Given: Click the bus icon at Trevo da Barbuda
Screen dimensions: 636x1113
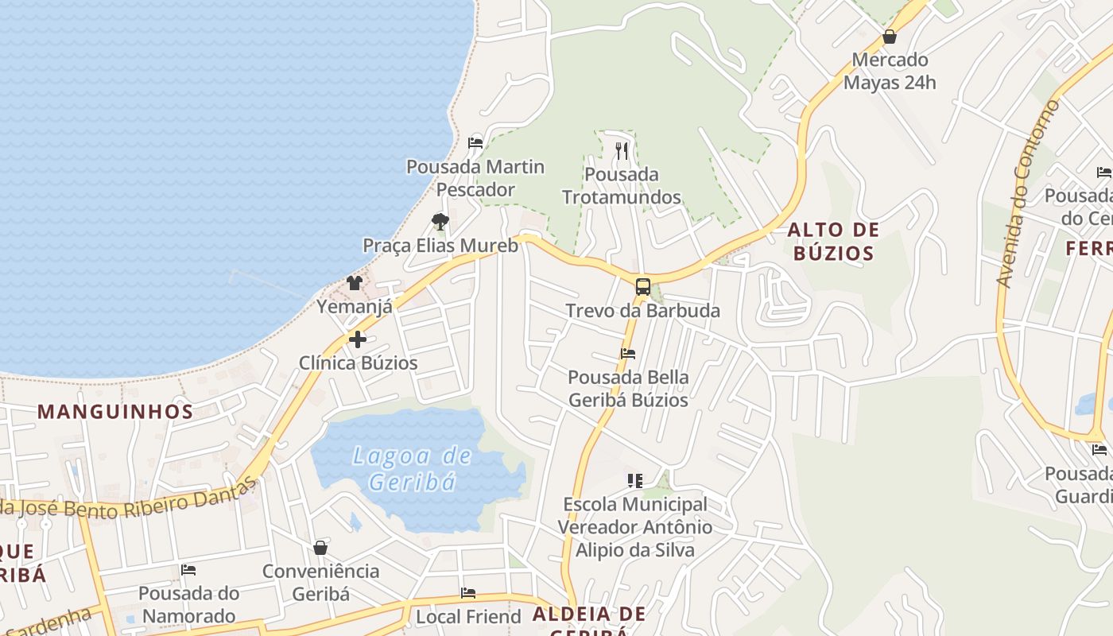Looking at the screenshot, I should [x=643, y=287].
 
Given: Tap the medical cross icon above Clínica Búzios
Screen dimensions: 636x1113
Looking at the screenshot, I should [x=358, y=339].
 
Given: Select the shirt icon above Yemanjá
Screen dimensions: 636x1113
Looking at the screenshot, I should [x=355, y=282].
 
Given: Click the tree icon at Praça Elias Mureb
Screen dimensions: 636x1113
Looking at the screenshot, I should [x=440, y=222].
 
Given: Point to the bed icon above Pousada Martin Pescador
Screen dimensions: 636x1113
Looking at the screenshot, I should [x=475, y=143].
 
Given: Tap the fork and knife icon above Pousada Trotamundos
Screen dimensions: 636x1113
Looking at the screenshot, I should [x=622, y=150].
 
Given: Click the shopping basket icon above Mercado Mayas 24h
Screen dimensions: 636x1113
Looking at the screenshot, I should [x=890, y=37].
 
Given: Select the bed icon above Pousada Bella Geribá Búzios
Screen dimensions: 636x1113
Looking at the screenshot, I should [x=628, y=353].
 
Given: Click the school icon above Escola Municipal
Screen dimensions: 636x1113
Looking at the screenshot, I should [x=634, y=480].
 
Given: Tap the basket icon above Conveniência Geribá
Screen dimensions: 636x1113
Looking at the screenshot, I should [x=320, y=548].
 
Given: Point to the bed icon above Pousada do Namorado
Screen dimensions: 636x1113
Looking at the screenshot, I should [x=188, y=570].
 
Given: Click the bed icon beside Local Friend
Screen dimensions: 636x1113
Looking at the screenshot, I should [x=468, y=593].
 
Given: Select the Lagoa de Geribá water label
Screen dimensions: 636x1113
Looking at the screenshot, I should [x=412, y=468].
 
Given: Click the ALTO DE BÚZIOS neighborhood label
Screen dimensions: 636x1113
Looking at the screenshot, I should [x=833, y=242].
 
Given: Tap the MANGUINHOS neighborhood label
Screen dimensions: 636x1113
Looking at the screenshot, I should [x=115, y=411].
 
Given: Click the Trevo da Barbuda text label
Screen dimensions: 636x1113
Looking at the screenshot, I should [x=642, y=311].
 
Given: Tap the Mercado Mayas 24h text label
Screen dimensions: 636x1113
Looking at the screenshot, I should [x=890, y=71].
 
